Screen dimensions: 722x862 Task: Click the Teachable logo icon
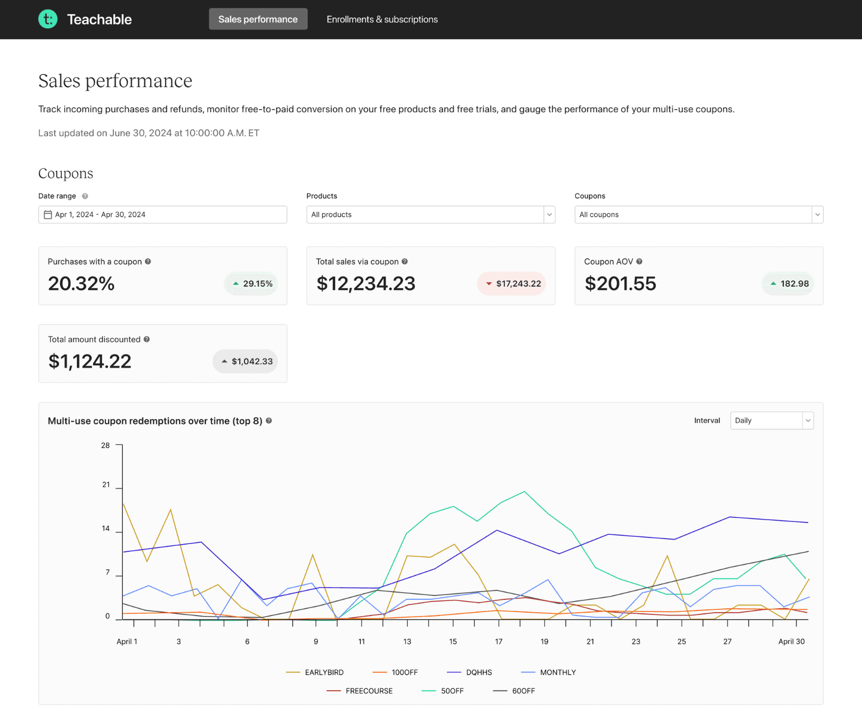(x=48, y=19)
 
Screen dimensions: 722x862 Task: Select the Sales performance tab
(x=258, y=19)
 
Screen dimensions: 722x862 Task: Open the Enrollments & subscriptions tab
(x=382, y=19)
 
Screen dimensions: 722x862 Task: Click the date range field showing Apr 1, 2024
(x=162, y=215)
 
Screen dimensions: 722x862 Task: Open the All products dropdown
(x=430, y=215)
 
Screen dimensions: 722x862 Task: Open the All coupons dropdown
(x=699, y=215)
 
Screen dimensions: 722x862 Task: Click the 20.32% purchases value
(x=81, y=284)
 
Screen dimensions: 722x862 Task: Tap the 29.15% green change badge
(x=252, y=284)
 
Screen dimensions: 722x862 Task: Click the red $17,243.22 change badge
(x=512, y=284)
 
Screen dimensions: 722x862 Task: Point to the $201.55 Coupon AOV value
(x=620, y=284)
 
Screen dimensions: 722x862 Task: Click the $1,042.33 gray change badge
(x=245, y=361)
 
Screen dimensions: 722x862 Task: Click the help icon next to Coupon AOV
(x=639, y=261)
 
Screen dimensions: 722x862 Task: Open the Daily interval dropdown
(x=771, y=420)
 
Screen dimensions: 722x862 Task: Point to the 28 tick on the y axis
(x=105, y=445)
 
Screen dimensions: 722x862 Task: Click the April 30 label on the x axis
(x=791, y=642)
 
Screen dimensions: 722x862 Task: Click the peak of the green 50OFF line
(x=524, y=492)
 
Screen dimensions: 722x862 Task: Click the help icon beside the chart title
(x=269, y=421)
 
